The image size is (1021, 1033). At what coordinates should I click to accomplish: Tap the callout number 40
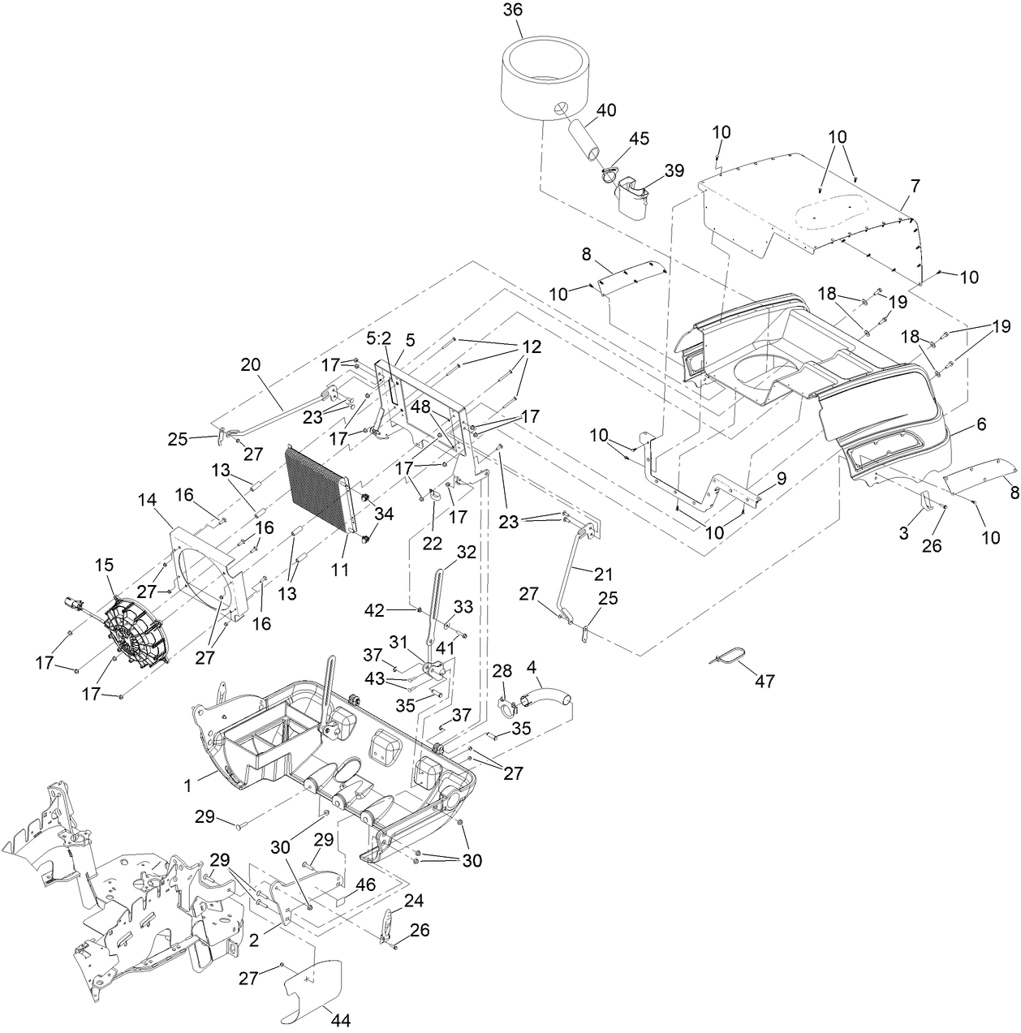click(x=606, y=110)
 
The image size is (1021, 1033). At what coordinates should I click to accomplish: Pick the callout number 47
click(x=764, y=681)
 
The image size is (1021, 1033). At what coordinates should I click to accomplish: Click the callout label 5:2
click(x=379, y=337)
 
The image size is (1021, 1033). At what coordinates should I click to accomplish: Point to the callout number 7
click(x=915, y=186)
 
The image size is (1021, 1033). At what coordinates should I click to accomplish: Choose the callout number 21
click(x=603, y=574)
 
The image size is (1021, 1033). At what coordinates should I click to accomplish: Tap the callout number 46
click(x=366, y=884)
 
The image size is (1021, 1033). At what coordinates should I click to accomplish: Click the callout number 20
click(x=250, y=365)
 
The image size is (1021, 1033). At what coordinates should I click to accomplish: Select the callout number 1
click(x=187, y=786)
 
